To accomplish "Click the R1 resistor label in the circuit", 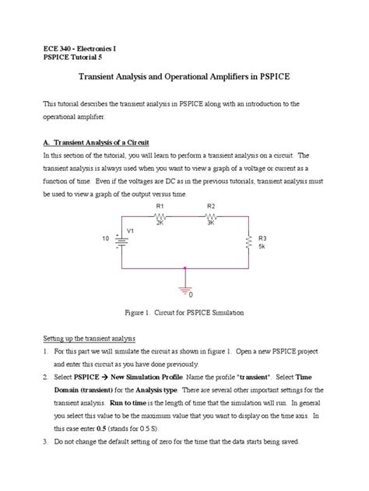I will pos(159,206).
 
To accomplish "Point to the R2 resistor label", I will pos(210,206).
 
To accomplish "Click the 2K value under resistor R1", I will pos(160,222).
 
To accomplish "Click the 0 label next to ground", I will pos(192,296).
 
